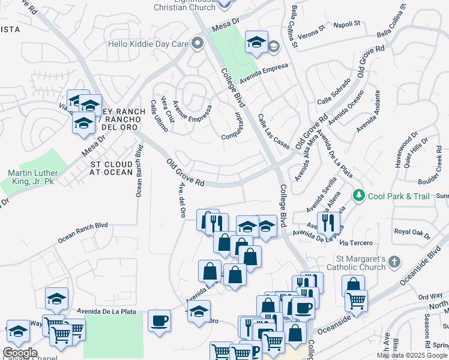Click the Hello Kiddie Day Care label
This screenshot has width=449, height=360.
pyautogui.click(x=148, y=44)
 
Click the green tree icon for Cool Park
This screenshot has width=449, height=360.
pyautogui.click(x=359, y=195)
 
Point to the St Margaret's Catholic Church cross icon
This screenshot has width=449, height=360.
pyautogui.click(x=394, y=262)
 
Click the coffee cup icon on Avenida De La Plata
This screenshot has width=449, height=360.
pyautogui.click(x=159, y=320)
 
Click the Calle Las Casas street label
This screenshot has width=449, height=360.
pyautogui.click(x=274, y=131)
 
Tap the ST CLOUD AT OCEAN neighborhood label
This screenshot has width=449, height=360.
pyautogui.click(x=111, y=168)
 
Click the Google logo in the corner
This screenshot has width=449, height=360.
pyautogui.click(x=20, y=352)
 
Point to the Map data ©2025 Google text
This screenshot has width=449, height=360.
pyautogui.click(x=412, y=355)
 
